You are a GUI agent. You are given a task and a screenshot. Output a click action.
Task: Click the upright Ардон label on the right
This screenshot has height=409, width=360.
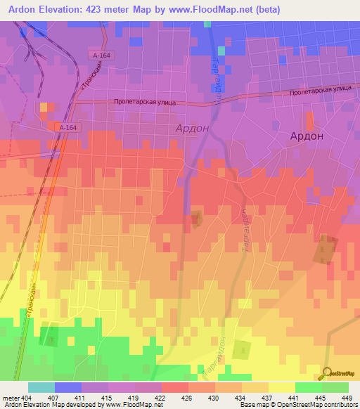point(307,136)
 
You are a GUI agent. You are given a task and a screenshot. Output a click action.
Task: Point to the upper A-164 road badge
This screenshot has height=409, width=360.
point(103,55)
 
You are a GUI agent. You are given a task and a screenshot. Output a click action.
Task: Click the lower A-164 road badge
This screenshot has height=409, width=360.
point(68,127)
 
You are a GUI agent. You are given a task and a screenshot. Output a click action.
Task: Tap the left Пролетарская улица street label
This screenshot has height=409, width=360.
point(144,102)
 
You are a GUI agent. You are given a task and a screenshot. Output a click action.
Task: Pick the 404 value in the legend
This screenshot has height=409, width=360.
point(27,398)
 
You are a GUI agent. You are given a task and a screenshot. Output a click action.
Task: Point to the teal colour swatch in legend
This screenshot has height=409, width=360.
point(41,388)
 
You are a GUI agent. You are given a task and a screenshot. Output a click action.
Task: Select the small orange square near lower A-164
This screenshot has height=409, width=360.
point(46,107)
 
